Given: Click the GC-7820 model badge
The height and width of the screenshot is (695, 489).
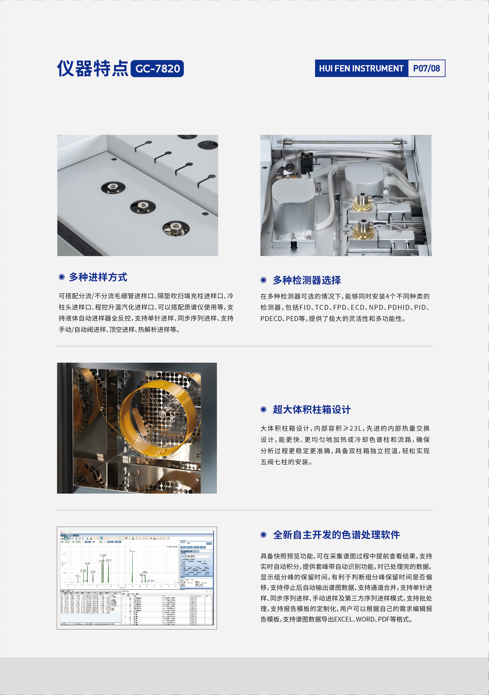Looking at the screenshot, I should (x=157, y=68).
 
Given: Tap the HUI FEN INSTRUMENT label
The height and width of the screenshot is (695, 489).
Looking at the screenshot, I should (x=361, y=68).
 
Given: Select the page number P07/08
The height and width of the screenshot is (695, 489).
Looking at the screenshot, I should (x=426, y=68).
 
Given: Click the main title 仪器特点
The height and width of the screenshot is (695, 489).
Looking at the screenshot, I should (x=93, y=68).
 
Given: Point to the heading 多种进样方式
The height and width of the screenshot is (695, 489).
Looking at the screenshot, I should (x=98, y=277).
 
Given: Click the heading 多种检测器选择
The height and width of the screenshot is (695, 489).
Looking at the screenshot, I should (x=307, y=280).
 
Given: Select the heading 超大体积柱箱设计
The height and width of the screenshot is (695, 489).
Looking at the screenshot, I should (x=311, y=410).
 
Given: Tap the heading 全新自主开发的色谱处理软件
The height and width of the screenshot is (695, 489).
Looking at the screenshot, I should (x=336, y=535).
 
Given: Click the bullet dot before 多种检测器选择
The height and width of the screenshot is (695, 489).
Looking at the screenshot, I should (x=263, y=280).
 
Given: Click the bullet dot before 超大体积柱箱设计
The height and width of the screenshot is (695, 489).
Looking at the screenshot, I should (x=263, y=410).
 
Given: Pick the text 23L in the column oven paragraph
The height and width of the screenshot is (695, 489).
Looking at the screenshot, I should (x=356, y=429).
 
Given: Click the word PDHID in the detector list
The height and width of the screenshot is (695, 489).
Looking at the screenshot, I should (x=399, y=308).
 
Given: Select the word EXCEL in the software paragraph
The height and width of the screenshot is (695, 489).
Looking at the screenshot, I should (x=343, y=620).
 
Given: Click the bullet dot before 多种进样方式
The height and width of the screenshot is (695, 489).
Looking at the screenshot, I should (x=61, y=277).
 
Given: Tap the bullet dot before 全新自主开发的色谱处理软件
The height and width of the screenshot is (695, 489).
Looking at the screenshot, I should (x=263, y=535).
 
